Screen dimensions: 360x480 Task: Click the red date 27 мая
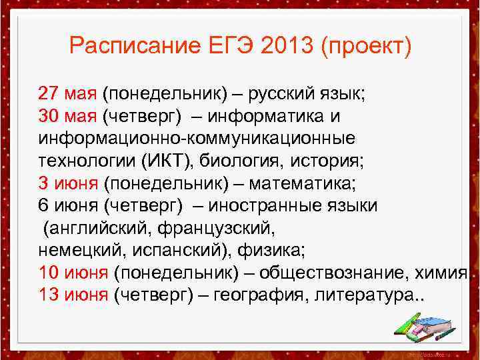67,93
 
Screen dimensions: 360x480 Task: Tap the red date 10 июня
73,273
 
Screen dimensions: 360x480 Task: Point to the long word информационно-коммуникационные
197,138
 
